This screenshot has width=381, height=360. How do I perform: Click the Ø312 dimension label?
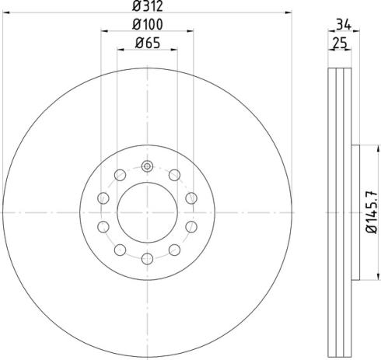(147, 6)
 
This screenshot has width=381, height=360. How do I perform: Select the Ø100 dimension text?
(147, 24)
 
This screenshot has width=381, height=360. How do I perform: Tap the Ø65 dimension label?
(148, 43)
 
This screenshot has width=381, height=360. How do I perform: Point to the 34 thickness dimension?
(344, 25)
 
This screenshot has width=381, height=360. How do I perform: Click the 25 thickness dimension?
(340, 43)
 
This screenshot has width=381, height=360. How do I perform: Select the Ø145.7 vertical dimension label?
(372, 212)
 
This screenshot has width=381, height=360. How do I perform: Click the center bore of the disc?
(147, 212)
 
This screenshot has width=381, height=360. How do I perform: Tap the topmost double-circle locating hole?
(147, 166)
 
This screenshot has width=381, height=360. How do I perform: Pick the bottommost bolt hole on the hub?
(147, 259)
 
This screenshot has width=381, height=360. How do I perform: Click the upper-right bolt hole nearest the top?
(174, 175)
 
